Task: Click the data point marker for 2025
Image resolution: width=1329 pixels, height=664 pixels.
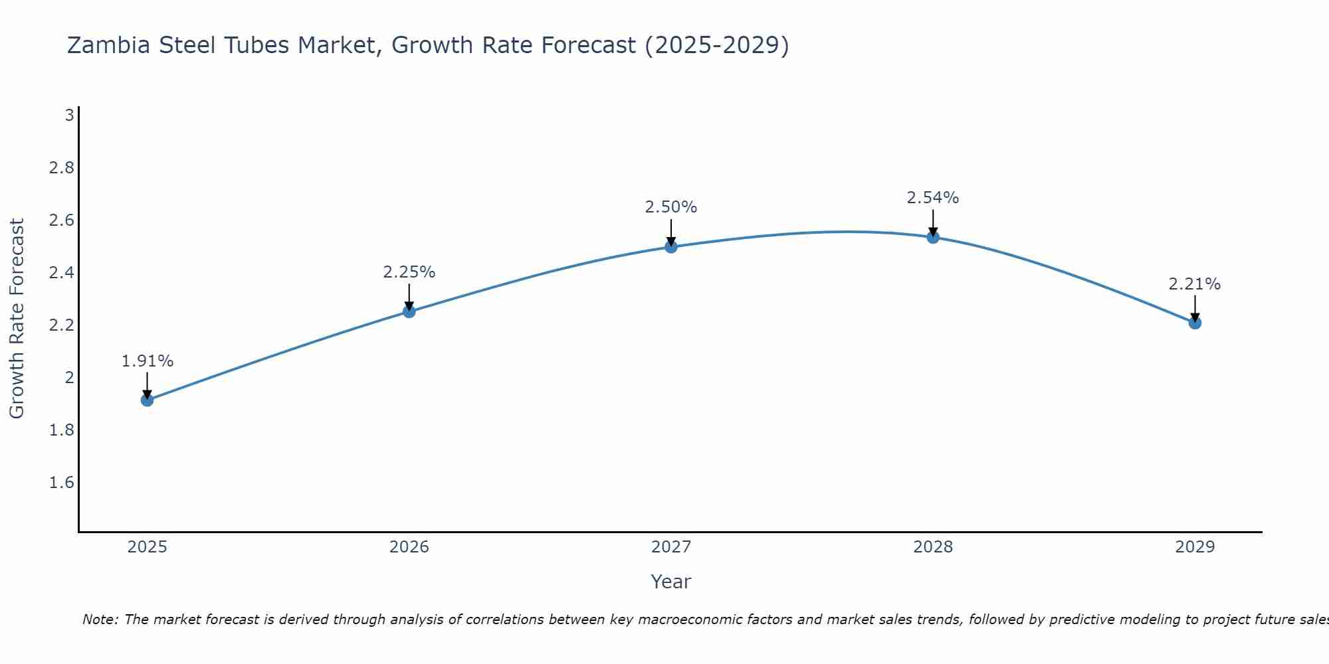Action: coord(148,400)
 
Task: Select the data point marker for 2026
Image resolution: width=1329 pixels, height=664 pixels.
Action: coord(409,311)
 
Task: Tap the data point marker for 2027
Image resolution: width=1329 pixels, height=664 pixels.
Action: coord(671,247)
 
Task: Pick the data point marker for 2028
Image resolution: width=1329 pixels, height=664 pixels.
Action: coord(933,237)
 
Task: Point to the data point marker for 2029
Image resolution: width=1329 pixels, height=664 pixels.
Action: coord(1195,323)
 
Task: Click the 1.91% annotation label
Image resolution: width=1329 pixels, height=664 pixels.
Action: coord(148,361)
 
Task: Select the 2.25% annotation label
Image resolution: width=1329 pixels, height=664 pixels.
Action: coord(409,272)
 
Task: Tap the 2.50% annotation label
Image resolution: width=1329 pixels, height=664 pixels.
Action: coord(671,207)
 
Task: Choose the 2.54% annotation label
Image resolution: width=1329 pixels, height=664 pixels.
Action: coord(933,198)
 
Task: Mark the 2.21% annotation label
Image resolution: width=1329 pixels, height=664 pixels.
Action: coord(1195,284)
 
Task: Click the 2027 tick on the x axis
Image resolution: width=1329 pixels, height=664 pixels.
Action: coord(671,547)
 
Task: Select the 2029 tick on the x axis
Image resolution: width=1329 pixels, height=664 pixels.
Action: coord(1195,547)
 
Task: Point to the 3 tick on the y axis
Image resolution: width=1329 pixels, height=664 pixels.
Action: coord(69,116)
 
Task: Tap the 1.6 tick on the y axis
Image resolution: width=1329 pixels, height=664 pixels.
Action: coord(62,483)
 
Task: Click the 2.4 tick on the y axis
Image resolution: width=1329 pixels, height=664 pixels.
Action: coord(62,273)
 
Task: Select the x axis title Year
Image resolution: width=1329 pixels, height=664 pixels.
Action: coord(671,582)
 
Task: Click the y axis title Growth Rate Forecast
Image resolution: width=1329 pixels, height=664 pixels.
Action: coord(17,319)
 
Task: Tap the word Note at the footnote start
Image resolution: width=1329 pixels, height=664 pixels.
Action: coord(100,620)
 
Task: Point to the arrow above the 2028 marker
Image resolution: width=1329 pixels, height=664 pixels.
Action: coord(933,222)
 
